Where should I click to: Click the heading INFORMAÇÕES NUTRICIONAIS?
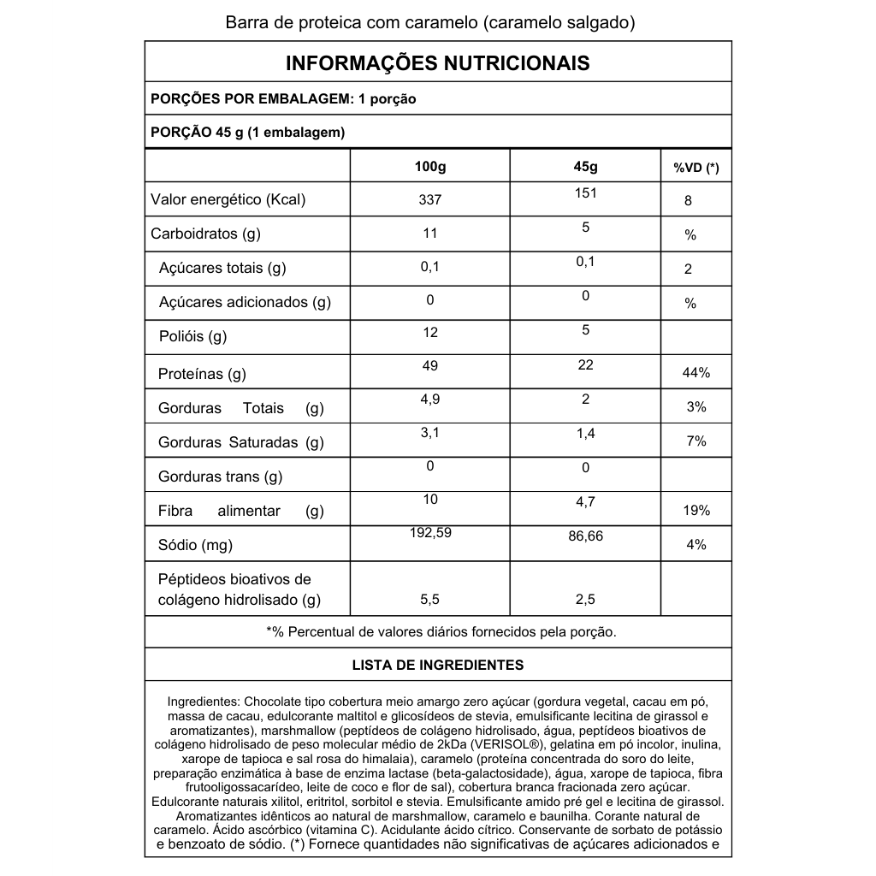437,63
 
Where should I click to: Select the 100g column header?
430,166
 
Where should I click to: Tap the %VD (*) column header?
695,168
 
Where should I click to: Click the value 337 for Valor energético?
430,200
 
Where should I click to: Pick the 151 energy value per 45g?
585,193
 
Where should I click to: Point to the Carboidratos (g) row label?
205,234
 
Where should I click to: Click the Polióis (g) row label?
192,336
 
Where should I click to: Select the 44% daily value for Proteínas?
695,373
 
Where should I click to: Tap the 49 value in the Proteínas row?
430,366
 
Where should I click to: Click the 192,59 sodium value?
430,532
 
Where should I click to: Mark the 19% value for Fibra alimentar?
695,511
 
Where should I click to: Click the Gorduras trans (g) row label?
220,476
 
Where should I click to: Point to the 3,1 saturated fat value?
430,434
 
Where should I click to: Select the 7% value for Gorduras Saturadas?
695,441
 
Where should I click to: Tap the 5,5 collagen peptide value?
430,600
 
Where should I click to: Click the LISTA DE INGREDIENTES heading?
437,665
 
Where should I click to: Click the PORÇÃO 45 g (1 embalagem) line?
247,132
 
